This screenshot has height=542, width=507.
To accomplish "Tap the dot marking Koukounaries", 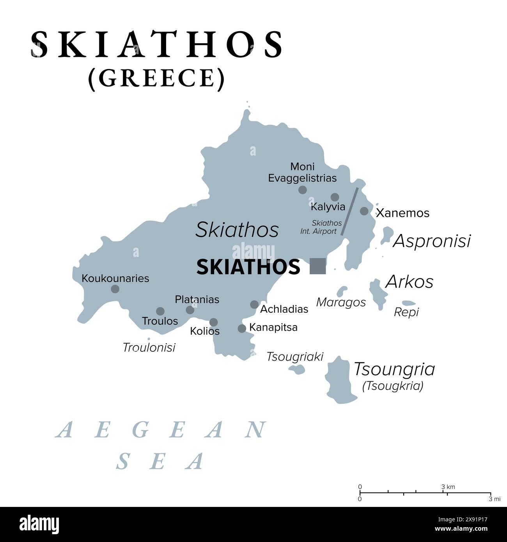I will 115,289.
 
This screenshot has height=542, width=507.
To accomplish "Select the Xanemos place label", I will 402,213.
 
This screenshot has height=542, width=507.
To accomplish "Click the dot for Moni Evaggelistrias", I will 302,190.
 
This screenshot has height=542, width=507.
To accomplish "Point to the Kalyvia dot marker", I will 335,197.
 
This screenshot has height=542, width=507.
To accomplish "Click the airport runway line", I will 349,211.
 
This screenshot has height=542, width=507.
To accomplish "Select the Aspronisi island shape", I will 387,235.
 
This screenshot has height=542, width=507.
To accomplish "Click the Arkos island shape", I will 377,293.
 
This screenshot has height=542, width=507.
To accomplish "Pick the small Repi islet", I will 409,303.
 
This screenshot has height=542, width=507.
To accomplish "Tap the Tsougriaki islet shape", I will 297,369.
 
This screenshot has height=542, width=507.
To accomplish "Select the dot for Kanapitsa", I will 242,328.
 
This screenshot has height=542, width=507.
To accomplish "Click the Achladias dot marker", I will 254,305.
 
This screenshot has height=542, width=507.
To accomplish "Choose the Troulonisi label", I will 149,347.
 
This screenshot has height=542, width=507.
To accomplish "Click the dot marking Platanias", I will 190,310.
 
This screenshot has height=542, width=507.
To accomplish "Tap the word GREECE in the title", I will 156,78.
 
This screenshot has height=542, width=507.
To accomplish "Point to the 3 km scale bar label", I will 448,487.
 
